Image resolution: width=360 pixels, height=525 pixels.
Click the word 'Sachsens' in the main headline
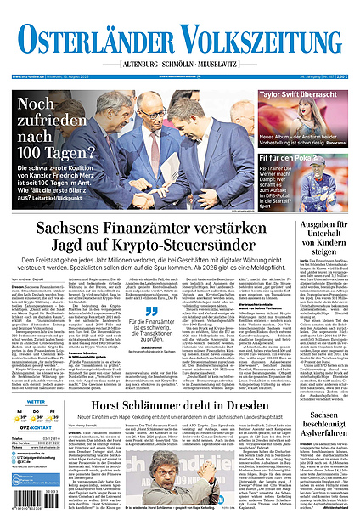click(x=65, y=228)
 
